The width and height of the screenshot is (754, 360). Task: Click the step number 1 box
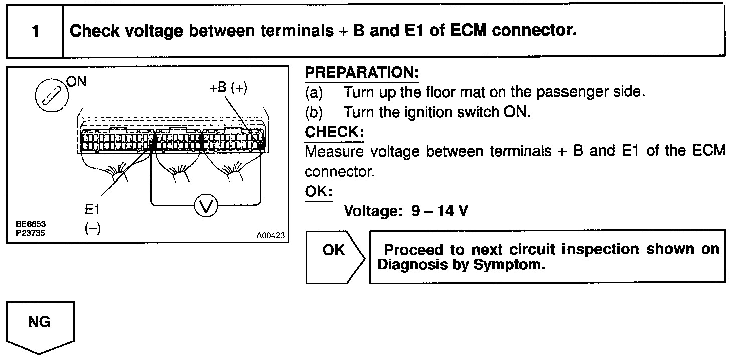pos(35,32)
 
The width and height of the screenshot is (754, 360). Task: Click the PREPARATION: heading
pos(361,73)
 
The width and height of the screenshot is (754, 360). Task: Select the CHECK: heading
pos(334,132)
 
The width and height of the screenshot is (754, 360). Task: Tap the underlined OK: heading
pos(319,192)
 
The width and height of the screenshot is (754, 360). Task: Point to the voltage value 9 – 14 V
pos(440,211)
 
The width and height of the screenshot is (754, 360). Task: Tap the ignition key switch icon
pos(49,94)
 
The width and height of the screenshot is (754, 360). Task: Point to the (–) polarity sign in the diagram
pos(92,228)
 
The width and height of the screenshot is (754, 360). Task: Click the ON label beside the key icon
pos(76,81)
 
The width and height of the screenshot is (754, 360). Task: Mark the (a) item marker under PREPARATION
pos(314,93)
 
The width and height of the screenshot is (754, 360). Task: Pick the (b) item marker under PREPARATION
pos(314,112)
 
